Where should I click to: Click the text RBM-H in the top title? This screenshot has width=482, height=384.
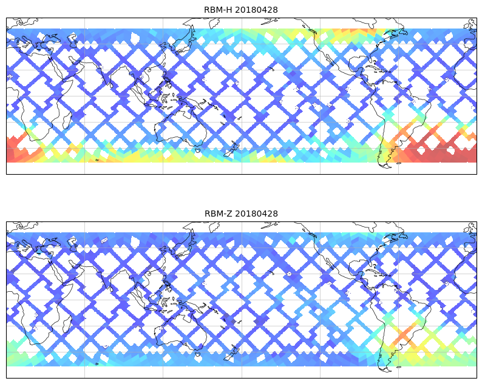click(x=217, y=10)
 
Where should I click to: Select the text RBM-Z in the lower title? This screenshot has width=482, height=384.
click(x=218, y=214)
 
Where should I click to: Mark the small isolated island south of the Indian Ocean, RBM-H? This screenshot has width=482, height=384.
click(x=97, y=160)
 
